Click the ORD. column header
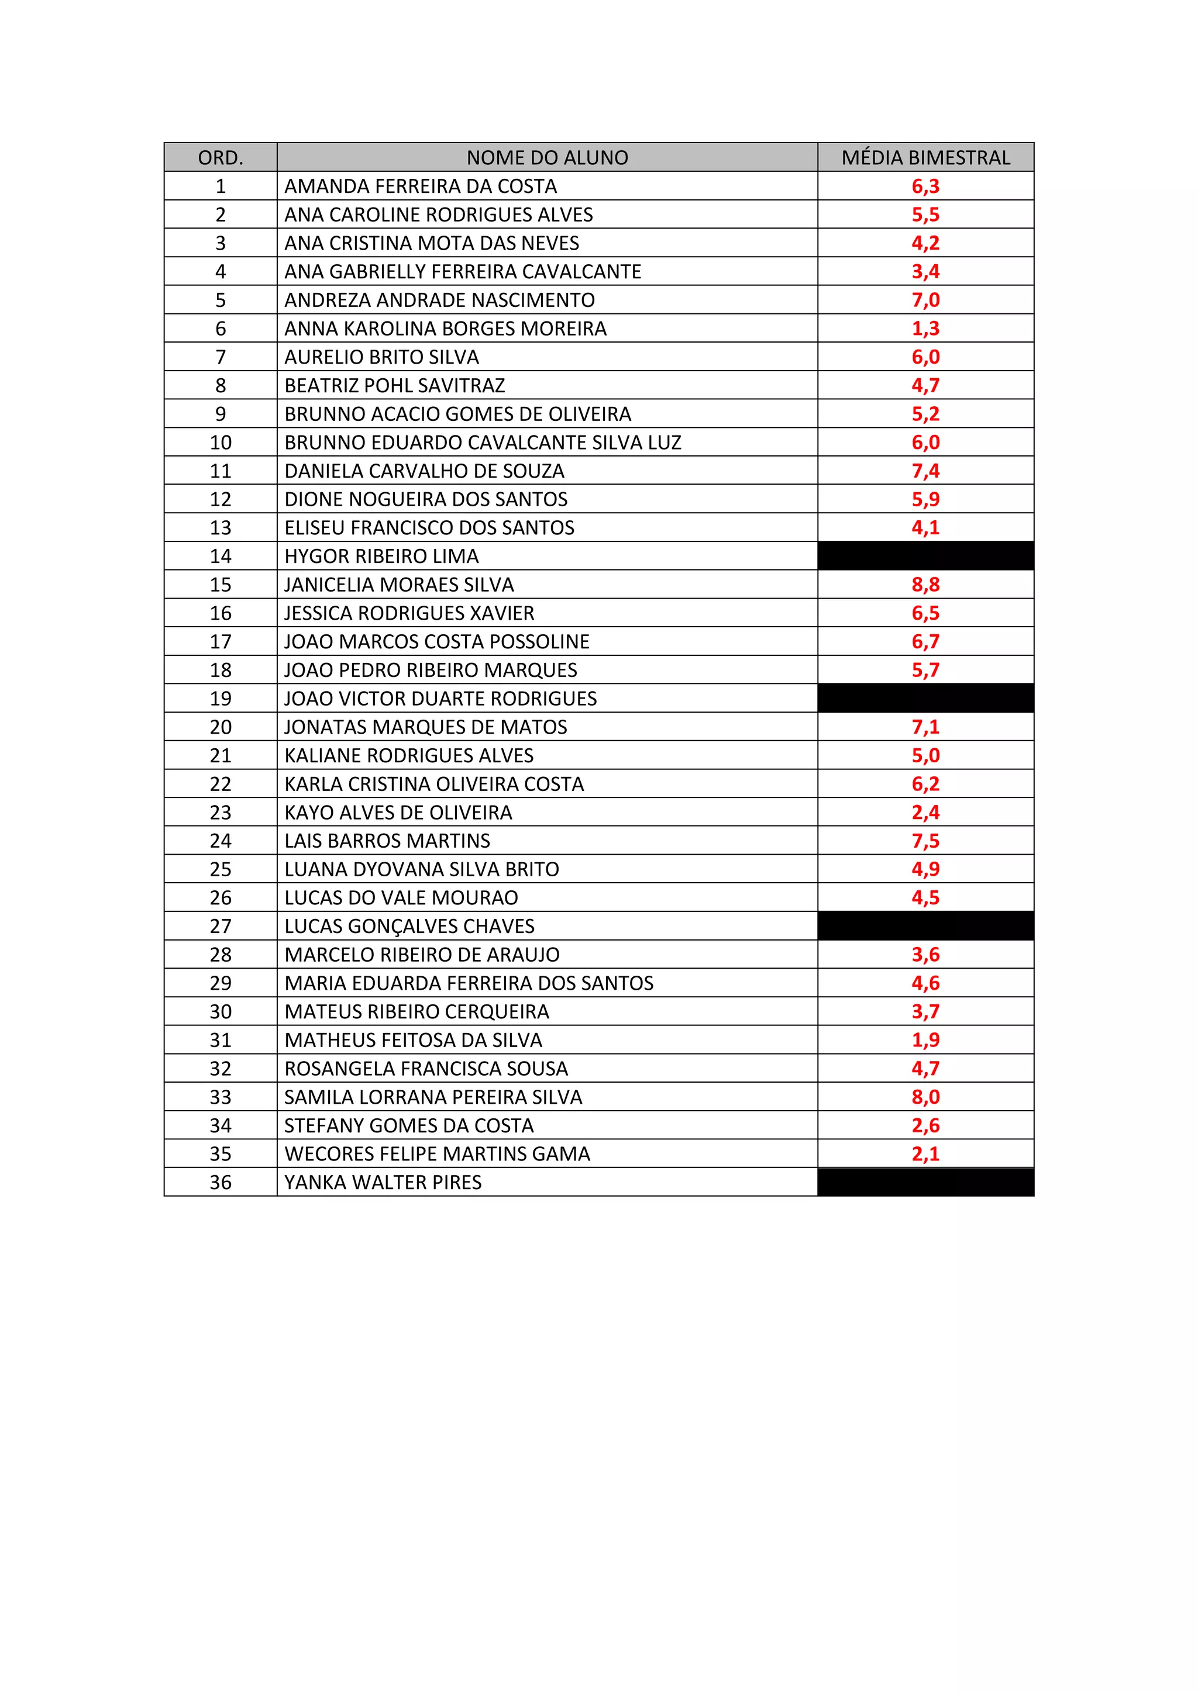click(221, 158)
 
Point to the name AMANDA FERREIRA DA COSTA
click(421, 186)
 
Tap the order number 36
click(221, 1183)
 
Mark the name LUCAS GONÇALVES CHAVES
click(409, 926)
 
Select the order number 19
click(221, 698)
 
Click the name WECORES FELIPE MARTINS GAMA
click(438, 1154)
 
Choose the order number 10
click(221, 443)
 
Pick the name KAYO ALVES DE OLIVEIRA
click(398, 813)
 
